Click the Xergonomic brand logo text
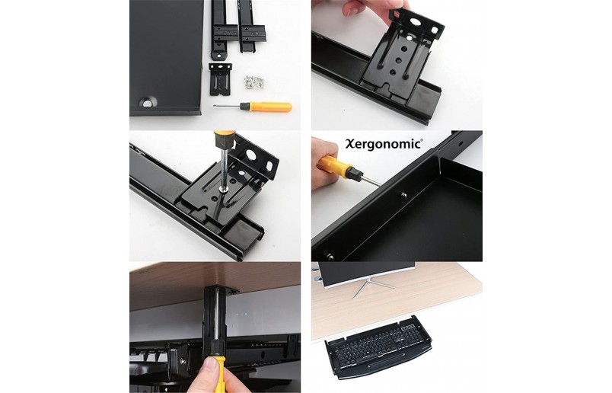384,144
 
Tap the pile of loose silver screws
254,82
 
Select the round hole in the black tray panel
147,103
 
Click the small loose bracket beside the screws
220,79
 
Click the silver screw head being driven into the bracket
222,189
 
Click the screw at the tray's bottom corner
330,257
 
